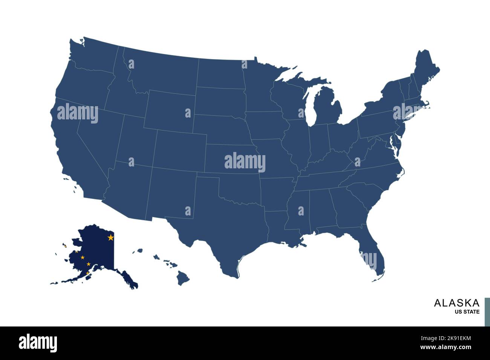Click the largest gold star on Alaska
[110, 238]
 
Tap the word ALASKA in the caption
[456, 303]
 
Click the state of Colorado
[179, 151]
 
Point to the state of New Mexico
[170, 194]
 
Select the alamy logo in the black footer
[38, 343]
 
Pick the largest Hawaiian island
[183, 279]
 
